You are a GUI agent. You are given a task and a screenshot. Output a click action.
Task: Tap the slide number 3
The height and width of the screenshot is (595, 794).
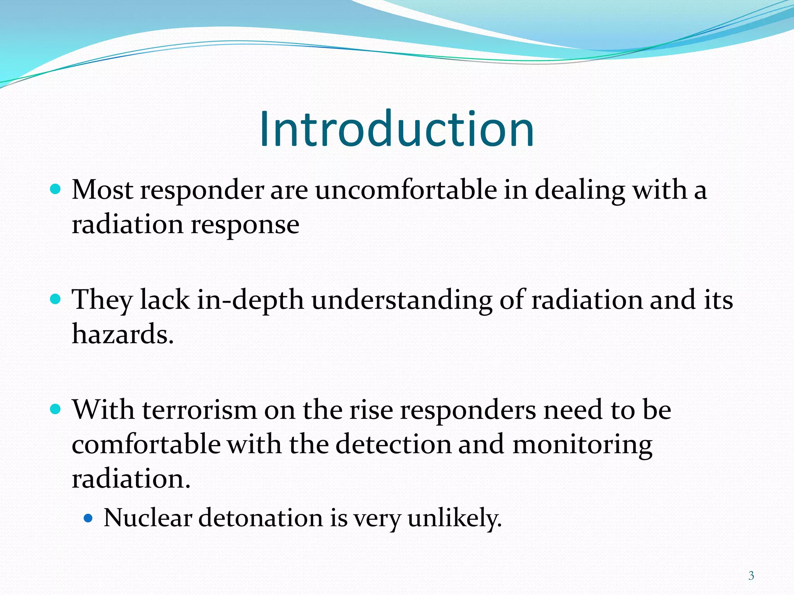(751, 576)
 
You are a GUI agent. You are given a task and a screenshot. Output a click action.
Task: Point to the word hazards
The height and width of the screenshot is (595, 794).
(123, 334)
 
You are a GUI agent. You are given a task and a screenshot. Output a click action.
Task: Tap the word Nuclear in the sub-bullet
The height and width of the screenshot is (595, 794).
(148, 518)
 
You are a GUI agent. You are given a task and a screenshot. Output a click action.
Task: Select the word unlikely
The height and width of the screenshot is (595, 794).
(454, 518)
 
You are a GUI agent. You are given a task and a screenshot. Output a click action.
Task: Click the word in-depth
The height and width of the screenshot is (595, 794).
(250, 300)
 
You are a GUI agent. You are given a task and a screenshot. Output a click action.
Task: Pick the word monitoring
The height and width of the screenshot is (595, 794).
(582, 444)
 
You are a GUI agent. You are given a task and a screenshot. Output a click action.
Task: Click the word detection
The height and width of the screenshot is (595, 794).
(393, 444)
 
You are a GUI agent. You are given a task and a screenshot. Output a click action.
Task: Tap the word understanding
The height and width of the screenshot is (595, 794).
(402, 300)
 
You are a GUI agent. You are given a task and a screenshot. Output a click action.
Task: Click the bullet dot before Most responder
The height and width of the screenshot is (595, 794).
(56, 189)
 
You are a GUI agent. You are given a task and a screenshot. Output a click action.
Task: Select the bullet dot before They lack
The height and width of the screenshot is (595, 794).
(56, 299)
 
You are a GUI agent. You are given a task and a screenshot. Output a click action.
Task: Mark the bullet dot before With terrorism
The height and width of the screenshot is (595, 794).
(56, 409)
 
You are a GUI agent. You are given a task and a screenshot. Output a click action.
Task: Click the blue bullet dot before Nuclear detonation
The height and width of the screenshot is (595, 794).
(88, 518)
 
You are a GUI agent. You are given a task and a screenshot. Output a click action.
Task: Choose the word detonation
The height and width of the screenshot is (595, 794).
(261, 518)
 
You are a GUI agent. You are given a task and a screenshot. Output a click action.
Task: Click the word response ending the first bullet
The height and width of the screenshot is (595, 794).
(245, 225)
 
